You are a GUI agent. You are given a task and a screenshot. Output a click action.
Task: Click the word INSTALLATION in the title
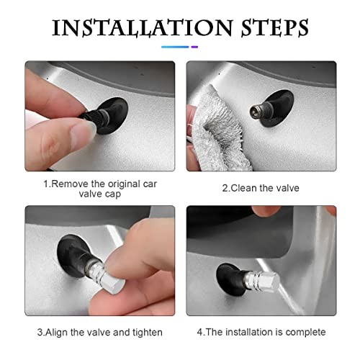pyautogui.click(x=143, y=27)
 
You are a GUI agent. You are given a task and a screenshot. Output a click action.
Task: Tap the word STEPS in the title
pyautogui.click(x=274, y=28)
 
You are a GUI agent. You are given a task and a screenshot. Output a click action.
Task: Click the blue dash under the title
pyautogui.click(x=175, y=47)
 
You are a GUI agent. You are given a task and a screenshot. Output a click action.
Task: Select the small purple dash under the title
pyautogui.click(x=194, y=47)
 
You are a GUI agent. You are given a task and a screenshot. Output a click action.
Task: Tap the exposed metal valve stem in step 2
pyautogui.click(x=257, y=110)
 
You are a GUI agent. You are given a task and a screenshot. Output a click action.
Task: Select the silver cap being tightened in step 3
pyautogui.click(x=106, y=280)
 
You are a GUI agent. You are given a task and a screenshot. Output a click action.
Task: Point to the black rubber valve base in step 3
pyautogui.click(x=72, y=255)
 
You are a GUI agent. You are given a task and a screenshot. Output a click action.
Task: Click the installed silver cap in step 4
pyautogui.click(x=262, y=282)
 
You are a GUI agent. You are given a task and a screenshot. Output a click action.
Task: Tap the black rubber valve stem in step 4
pyautogui.click(x=230, y=279)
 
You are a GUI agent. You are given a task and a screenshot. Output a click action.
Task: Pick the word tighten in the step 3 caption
pyautogui.click(x=148, y=333)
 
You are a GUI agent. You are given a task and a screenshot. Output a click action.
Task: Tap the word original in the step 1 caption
pyautogui.click(x=124, y=184)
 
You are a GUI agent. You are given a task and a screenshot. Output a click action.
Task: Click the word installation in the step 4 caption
pyautogui.click(x=249, y=332)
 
